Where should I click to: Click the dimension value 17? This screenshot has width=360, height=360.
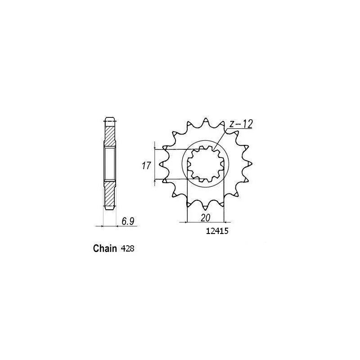(x=146, y=166)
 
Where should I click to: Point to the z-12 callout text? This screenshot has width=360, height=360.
(x=240, y=123)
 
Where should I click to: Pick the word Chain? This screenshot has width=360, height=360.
(x=105, y=248)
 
